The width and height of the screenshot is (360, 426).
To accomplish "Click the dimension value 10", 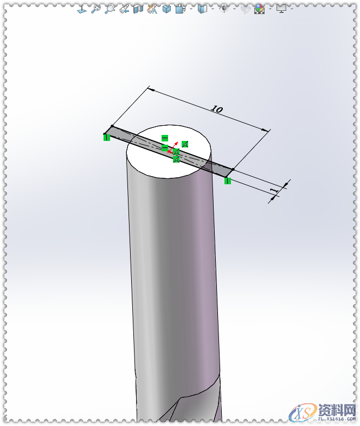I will pyautogui.click(x=216, y=109).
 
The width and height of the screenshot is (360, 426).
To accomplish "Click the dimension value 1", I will pyautogui.click(x=273, y=190).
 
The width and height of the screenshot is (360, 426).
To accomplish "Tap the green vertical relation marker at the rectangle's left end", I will pyautogui.click(x=107, y=137).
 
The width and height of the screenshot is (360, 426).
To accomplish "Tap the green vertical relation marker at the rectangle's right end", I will pyautogui.click(x=228, y=180).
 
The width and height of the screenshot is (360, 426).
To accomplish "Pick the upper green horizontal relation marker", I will pyautogui.click(x=165, y=138).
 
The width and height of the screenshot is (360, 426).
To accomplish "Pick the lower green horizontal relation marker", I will pyautogui.click(x=165, y=147).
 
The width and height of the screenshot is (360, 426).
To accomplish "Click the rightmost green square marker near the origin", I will pyautogui.click(x=185, y=144).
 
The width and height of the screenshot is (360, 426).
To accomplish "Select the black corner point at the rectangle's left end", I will pyautogui.click(x=112, y=127).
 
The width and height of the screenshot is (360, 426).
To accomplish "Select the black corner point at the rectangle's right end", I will pyautogui.click(x=233, y=170).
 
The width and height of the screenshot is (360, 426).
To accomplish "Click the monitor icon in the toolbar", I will pyautogui.click(x=281, y=9).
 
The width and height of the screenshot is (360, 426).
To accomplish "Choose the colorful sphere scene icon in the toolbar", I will pyautogui.click(x=260, y=9).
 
